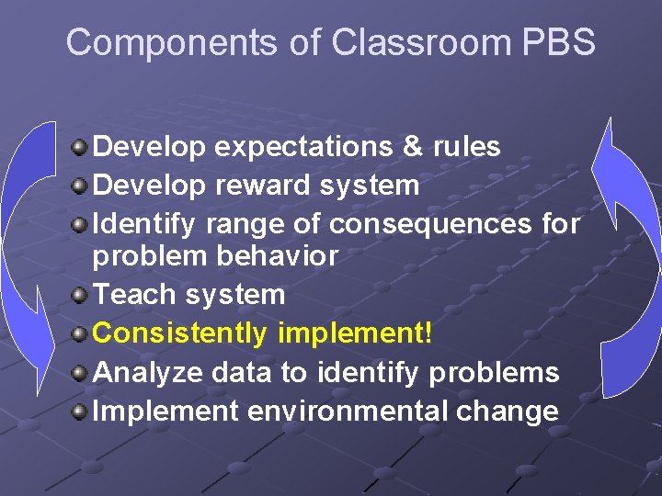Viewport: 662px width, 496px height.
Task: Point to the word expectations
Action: point(306,147)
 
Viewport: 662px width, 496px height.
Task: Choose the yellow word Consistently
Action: point(180,333)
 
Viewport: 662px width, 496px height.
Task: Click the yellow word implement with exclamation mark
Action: point(355,333)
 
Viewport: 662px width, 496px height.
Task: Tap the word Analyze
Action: point(148,372)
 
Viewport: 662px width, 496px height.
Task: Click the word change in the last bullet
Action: point(509,411)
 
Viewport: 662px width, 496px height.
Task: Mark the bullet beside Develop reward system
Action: point(81,185)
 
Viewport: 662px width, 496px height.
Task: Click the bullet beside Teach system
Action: point(81,294)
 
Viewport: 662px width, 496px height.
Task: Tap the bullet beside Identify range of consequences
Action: point(81,223)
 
